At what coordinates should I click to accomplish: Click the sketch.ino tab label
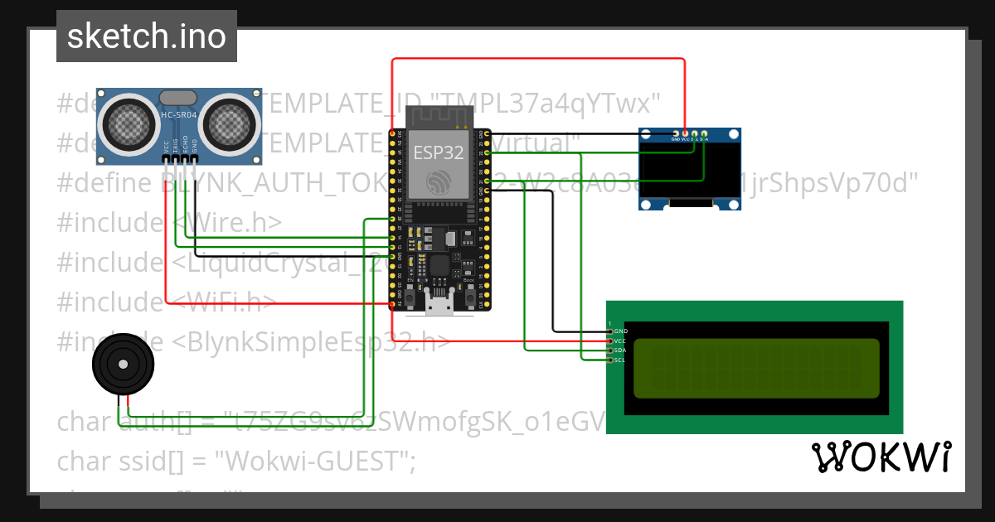tap(146, 36)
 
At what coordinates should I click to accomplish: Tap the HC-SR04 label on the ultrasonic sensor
tap(179, 115)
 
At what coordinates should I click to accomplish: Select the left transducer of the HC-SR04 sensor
tap(128, 124)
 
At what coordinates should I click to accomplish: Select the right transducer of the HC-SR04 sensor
tap(231, 124)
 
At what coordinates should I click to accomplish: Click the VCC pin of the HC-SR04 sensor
tap(167, 157)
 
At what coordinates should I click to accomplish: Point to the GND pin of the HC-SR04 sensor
tap(195, 157)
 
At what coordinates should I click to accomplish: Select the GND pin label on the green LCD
tap(621, 331)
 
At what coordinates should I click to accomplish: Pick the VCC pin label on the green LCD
tap(621, 341)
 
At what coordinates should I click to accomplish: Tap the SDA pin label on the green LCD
tap(621, 350)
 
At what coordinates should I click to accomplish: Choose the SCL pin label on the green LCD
tap(621, 360)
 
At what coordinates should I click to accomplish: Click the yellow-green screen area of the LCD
tap(755, 368)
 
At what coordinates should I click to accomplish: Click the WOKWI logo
tap(881, 457)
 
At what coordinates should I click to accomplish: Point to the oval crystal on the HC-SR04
tap(179, 99)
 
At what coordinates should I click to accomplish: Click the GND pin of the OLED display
tap(676, 133)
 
